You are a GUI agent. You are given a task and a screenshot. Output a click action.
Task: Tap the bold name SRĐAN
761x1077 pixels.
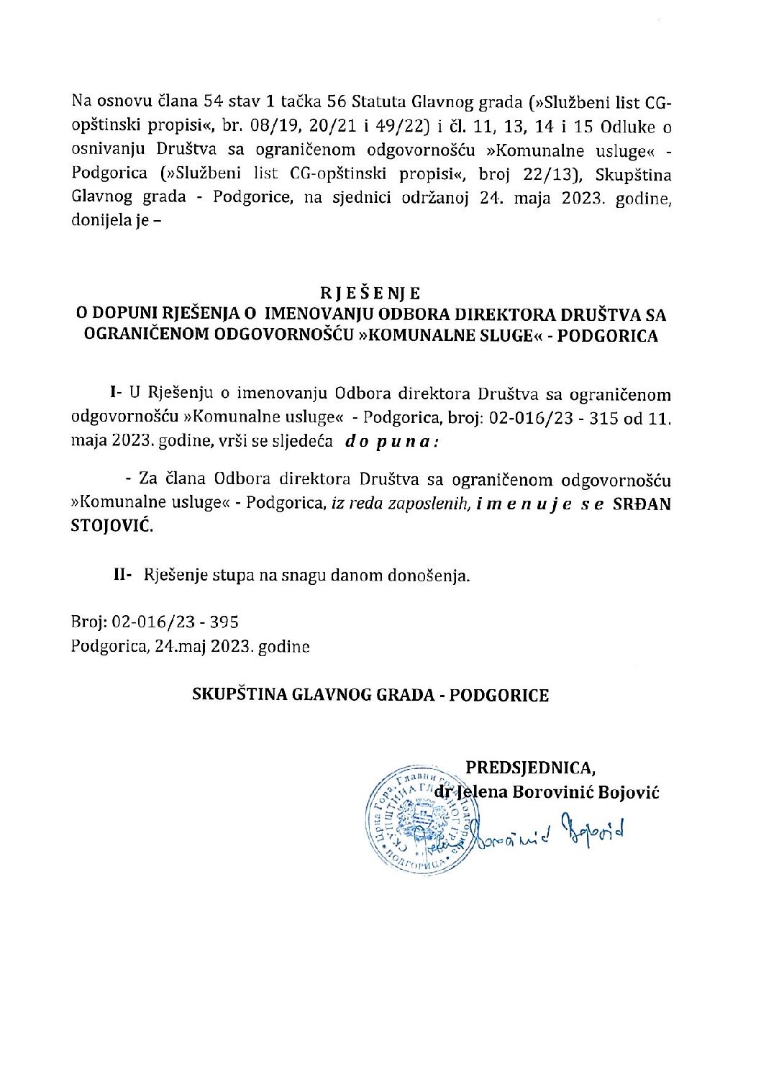pos(641,504)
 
